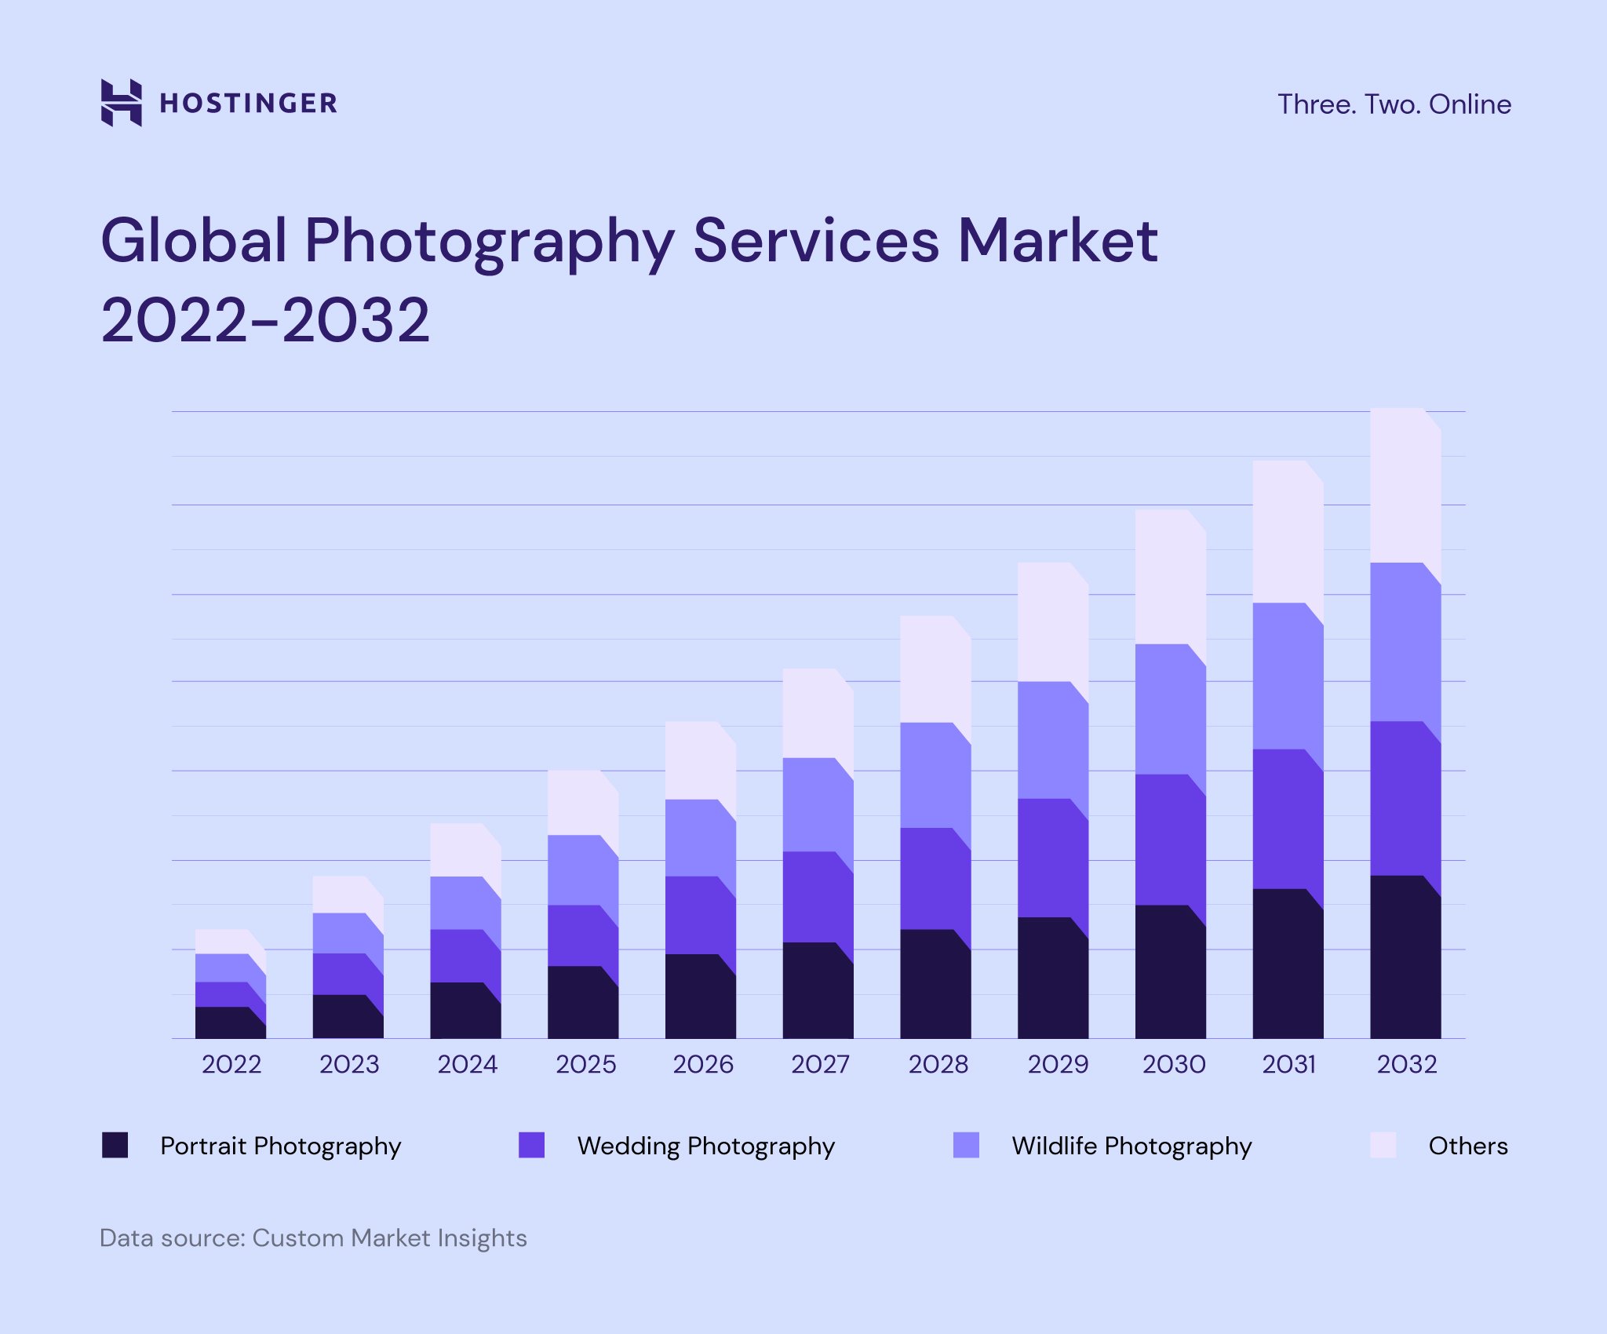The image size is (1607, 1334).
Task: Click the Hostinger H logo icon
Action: point(122,102)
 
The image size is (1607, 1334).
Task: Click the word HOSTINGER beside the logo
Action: point(248,103)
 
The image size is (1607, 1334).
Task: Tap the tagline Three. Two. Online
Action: point(1394,104)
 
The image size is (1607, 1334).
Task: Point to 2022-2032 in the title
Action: point(265,320)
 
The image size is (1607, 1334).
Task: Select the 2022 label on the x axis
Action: point(231,1064)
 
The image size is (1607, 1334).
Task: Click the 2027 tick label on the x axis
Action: point(819,1064)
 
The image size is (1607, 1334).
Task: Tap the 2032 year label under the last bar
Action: point(1406,1064)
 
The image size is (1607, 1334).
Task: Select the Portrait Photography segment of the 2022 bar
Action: point(228,1023)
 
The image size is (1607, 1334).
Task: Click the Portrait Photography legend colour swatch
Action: point(115,1145)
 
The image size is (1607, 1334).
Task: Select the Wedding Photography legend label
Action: point(705,1146)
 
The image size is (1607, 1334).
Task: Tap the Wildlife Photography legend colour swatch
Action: point(966,1145)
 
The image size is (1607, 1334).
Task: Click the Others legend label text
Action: point(1467,1146)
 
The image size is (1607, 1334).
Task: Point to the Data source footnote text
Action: point(313,1237)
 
